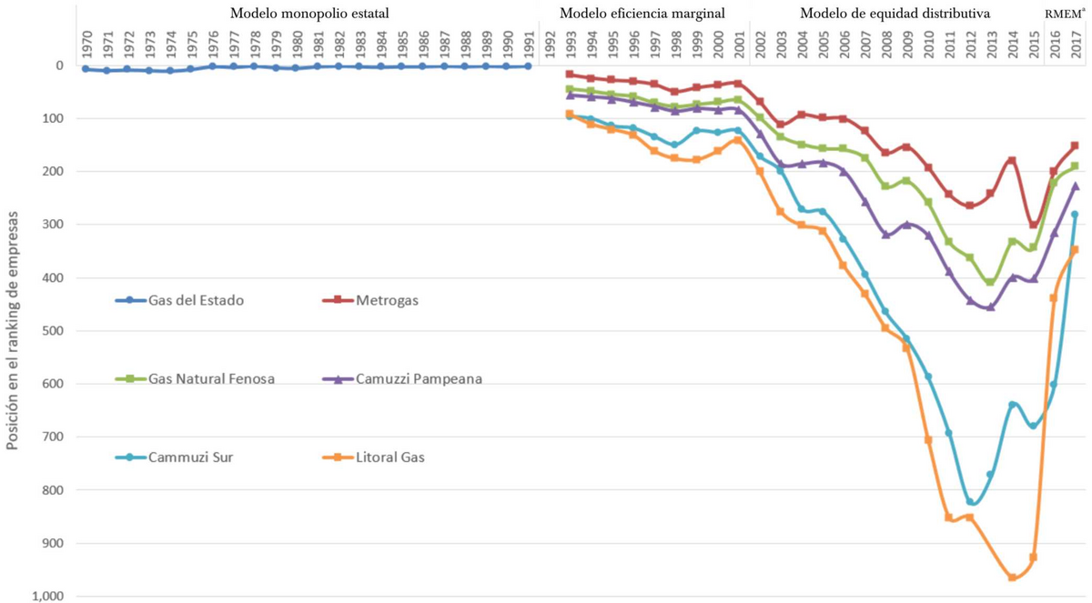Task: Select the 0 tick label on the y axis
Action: point(59,65)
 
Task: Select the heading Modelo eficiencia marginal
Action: point(642,14)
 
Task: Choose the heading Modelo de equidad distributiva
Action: point(895,14)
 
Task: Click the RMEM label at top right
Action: point(1065,14)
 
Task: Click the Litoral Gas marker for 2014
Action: point(1012,577)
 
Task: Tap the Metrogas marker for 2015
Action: point(1033,225)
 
